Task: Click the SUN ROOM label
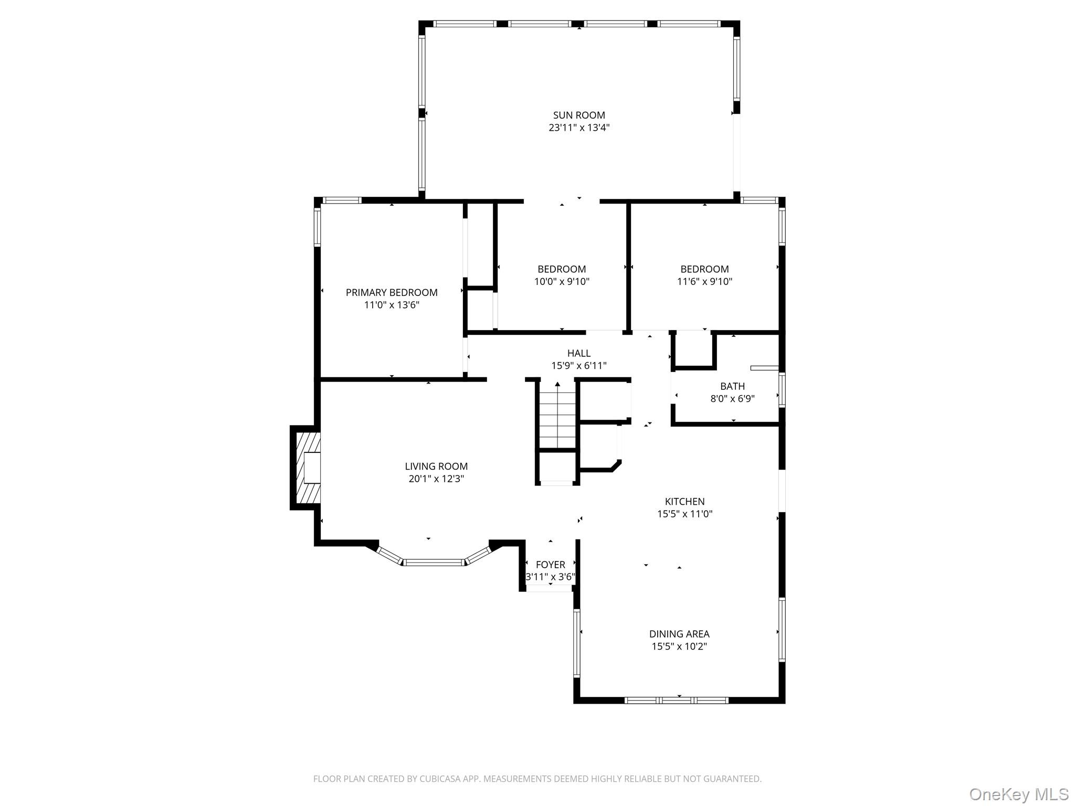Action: [x=578, y=115]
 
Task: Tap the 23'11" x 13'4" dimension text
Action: [x=578, y=128]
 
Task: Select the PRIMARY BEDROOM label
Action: [x=391, y=292]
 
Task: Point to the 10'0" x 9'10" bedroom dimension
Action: [x=562, y=281]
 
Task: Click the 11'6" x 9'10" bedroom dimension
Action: [x=704, y=281]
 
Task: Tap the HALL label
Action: [x=578, y=353]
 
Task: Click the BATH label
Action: [x=732, y=386]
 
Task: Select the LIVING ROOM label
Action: [x=436, y=466]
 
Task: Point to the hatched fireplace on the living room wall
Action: [x=307, y=468]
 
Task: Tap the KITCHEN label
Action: [x=684, y=501]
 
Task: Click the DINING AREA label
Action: [x=679, y=634]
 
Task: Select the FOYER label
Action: [x=550, y=565]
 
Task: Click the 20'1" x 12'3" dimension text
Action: [x=436, y=479]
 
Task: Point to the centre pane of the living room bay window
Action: [x=434, y=562]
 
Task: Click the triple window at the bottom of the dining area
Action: [x=677, y=700]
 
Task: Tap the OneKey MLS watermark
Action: [x=1018, y=794]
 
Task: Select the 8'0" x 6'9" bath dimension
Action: [x=732, y=399]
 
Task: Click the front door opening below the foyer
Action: [x=549, y=589]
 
